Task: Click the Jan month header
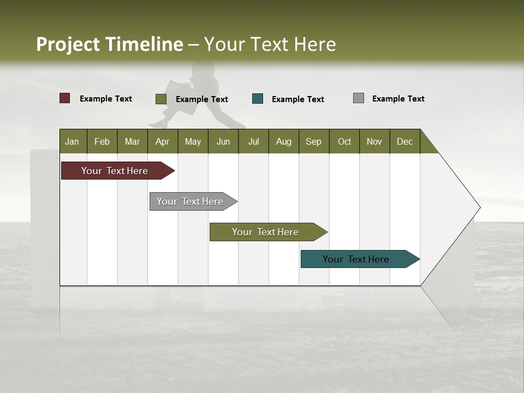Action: (x=73, y=141)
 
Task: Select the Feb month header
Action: (x=102, y=141)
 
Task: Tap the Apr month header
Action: (x=163, y=141)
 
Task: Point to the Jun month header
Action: (x=223, y=141)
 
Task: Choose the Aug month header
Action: (x=284, y=141)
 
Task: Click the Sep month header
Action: (x=314, y=141)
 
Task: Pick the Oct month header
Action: (x=344, y=141)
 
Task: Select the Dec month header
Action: (x=405, y=141)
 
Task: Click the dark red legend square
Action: (x=65, y=98)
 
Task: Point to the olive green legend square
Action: (x=161, y=99)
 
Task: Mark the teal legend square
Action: (x=258, y=99)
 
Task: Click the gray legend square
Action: (x=359, y=98)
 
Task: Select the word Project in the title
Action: (x=68, y=44)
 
